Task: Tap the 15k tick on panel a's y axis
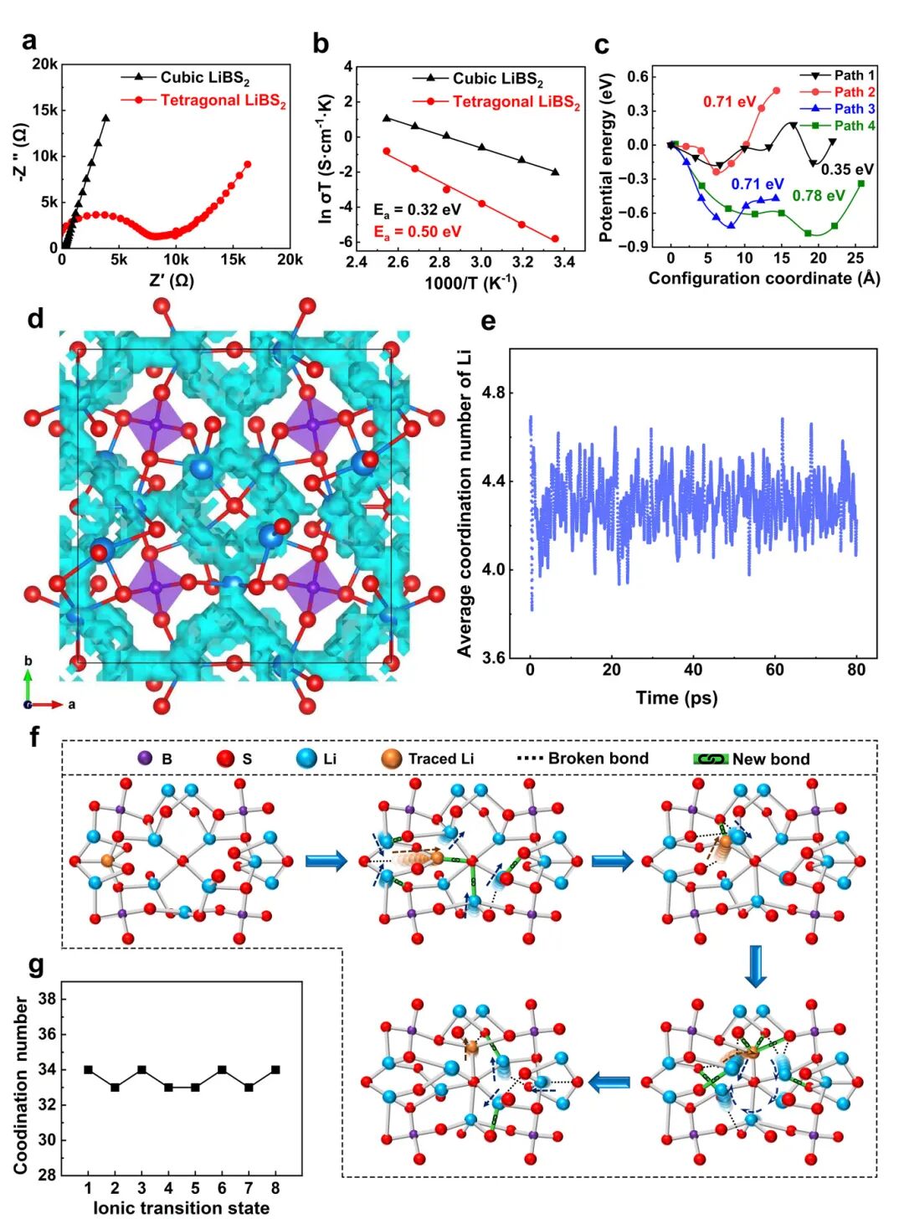(x=44, y=111)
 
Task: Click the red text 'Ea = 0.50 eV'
(x=417, y=231)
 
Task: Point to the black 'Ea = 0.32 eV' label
(x=417, y=209)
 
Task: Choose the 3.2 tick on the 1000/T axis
(x=521, y=262)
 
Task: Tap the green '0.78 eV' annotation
(x=818, y=196)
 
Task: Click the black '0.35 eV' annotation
(x=846, y=170)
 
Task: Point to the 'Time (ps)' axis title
(x=676, y=697)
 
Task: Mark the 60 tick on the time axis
(x=775, y=670)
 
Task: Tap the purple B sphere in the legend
(x=144, y=759)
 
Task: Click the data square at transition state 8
(x=275, y=1070)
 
